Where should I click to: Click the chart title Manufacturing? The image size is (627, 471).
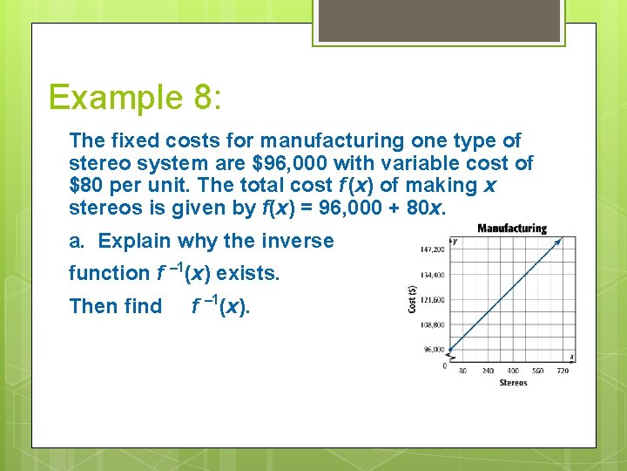tap(512, 229)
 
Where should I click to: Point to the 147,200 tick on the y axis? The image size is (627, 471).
tap(432, 249)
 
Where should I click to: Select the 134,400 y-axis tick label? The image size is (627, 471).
tap(432, 274)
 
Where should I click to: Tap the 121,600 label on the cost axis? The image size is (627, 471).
tap(432, 299)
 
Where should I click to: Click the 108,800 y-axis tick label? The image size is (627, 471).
tap(432, 324)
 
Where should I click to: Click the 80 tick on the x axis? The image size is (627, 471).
tap(462, 370)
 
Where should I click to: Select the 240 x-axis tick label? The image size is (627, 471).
tap(488, 370)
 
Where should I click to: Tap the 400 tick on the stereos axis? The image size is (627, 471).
tap(513, 370)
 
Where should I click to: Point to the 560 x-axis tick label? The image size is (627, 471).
tap(538, 370)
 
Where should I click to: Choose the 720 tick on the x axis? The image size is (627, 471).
tap(563, 370)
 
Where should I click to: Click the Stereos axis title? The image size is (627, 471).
tap(513, 383)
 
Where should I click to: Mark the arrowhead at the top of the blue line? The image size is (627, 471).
tap(572, 239)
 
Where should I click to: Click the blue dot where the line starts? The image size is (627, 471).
tap(449, 351)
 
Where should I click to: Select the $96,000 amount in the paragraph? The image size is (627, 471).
tap(285, 163)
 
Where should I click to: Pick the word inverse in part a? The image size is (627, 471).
tap(298, 241)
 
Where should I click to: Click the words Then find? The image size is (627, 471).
tap(115, 306)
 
